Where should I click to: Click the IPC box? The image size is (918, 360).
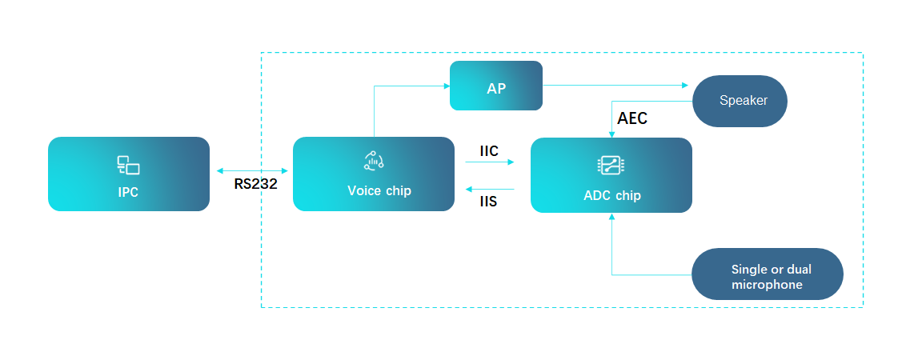coord(128,174)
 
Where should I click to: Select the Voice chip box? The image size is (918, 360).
coord(373,174)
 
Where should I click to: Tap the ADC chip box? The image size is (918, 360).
coord(611,175)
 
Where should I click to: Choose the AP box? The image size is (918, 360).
coord(496,86)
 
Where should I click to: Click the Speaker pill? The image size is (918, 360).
coord(740,101)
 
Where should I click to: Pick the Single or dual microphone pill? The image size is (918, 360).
coord(767,274)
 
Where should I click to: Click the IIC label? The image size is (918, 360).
coord(489,150)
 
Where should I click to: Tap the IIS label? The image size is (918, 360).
coord(488,202)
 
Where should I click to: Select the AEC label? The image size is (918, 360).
coord(632,118)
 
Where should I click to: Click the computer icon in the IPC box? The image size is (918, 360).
coord(128,166)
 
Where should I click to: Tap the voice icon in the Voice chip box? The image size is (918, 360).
coord(374,160)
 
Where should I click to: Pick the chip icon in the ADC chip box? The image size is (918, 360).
coord(611,166)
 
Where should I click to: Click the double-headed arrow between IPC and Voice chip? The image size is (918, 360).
coord(252,170)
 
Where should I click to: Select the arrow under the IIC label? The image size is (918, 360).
coord(489,162)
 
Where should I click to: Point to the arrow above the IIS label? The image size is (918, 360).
coord(489,189)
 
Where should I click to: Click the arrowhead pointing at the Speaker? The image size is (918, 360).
coord(684,85)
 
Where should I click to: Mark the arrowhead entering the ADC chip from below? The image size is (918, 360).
coord(611,217)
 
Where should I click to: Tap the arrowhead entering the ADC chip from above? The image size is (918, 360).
coord(611,134)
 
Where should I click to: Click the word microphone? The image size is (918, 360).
coord(767,285)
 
